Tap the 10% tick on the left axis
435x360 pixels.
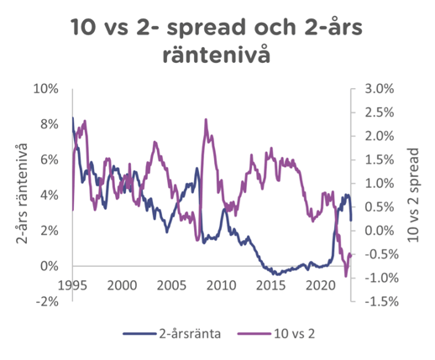click(47, 89)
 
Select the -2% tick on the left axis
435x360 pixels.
click(49, 302)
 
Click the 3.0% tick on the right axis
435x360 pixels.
click(378, 89)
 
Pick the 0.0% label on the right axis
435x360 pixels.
click(378, 231)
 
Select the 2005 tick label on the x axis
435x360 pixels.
click(171, 285)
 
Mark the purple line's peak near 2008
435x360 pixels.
click(206, 120)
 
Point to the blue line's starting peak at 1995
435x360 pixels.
click(72, 118)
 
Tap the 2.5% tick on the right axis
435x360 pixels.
click(378, 112)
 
